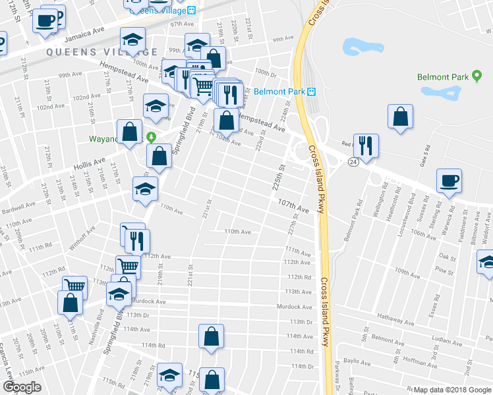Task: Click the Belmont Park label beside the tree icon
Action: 443,76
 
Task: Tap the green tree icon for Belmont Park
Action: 475,76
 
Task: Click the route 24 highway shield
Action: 354,161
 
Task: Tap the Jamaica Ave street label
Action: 89,31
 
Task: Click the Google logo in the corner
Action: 22,387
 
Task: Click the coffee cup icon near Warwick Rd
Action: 449,180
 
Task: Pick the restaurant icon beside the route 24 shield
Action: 366,145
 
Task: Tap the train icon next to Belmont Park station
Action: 312,92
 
